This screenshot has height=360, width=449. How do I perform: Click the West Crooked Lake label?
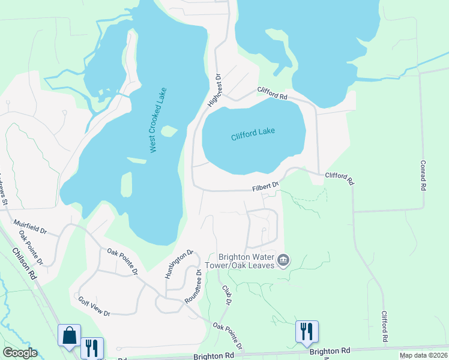pos(158,120)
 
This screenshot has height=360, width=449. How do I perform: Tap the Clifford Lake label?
pos(252,133)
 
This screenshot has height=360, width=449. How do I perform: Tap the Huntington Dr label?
pos(179,265)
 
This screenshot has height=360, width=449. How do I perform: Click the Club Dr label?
pos(226,294)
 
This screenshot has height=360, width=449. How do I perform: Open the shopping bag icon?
pos(69,335)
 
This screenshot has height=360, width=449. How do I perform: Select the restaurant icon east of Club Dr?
pos(307,331)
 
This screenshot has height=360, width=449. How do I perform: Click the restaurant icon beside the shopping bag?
pos(92,347)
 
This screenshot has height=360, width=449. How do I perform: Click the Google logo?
pos(20,353)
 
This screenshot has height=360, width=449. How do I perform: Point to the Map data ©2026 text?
pos(423,355)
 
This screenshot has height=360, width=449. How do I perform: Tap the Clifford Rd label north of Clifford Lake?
pos(272,94)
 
